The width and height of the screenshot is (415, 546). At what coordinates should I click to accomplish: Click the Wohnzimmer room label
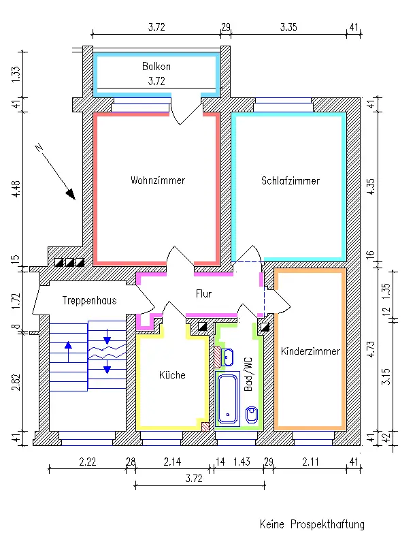tap(158, 180)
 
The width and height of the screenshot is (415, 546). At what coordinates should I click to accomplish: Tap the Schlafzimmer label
tap(290, 180)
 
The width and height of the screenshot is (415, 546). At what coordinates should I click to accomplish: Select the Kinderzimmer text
tap(310, 351)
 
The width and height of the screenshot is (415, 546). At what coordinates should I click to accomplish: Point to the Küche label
tap(172, 374)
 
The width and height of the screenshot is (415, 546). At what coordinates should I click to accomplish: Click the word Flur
tap(203, 295)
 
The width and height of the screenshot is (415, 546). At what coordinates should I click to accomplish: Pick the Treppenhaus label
tap(89, 300)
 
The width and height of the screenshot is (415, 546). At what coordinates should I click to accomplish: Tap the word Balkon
tap(156, 67)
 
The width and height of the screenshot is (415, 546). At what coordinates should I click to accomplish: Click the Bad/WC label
tap(248, 374)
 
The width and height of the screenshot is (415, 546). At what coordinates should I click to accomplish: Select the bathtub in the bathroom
tap(226, 398)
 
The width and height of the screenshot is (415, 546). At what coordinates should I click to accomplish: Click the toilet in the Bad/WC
tap(250, 413)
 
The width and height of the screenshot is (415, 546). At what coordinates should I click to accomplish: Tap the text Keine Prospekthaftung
tap(312, 524)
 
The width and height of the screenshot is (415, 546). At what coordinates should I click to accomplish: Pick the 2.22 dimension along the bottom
tap(87, 462)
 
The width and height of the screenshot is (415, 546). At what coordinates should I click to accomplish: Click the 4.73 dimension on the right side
tap(371, 349)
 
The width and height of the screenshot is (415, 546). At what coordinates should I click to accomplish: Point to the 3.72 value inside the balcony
tap(156, 81)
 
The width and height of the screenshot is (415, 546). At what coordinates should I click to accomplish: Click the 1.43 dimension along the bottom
tap(242, 462)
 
